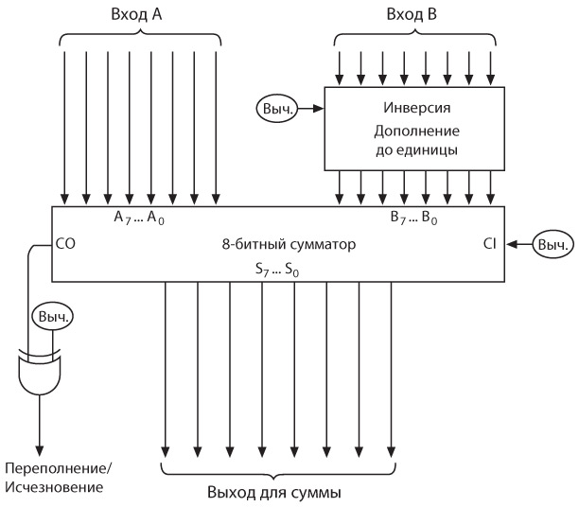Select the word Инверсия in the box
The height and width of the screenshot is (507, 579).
412,107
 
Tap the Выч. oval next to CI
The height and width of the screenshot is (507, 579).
553,244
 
